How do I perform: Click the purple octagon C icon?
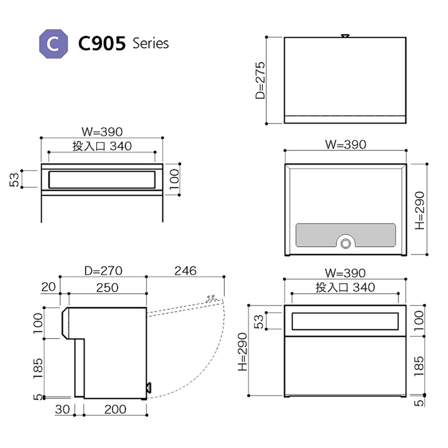[x=53, y=43]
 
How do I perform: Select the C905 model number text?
[x=102, y=44]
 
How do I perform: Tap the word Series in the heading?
[x=151, y=43]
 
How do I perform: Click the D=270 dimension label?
[x=103, y=271]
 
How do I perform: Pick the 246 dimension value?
[x=185, y=271]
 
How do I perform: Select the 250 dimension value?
[x=108, y=287]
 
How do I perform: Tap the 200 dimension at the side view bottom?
[x=115, y=409]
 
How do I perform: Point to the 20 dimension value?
[x=49, y=287]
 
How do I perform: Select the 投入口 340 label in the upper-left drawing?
[x=102, y=146]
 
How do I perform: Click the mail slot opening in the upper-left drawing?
[x=102, y=179]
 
